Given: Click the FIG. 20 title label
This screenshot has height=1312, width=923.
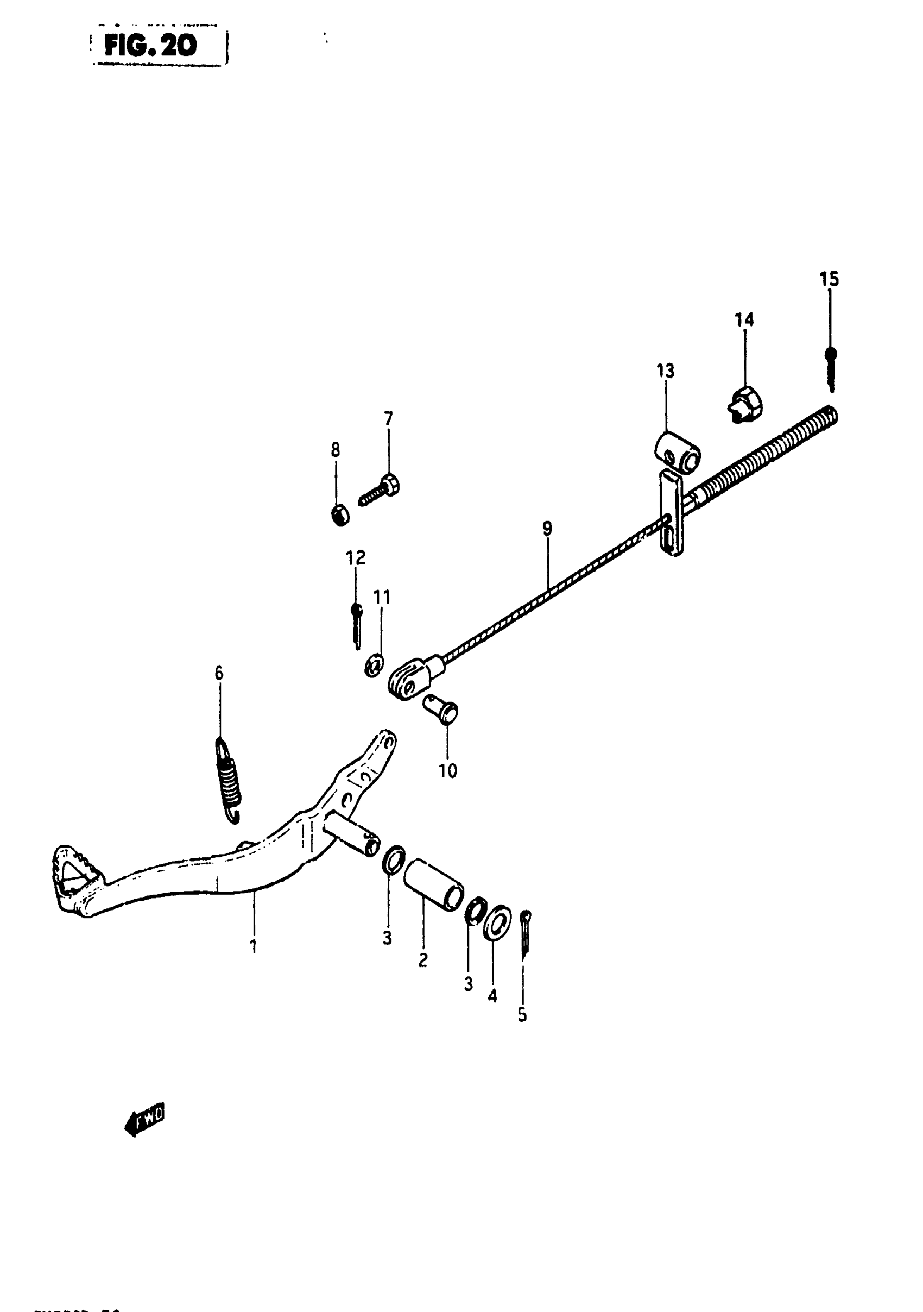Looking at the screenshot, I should pyautogui.click(x=150, y=46).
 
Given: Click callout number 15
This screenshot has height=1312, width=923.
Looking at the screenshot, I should pyautogui.click(x=829, y=279).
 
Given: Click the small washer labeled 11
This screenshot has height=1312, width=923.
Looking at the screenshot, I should pyautogui.click(x=374, y=666).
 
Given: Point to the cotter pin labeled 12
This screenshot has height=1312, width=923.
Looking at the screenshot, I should pyautogui.click(x=357, y=626).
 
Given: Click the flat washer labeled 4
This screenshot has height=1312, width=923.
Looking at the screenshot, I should pyautogui.click(x=497, y=920).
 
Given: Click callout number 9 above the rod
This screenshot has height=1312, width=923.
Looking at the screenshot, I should pyautogui.click(x=547, y=529).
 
